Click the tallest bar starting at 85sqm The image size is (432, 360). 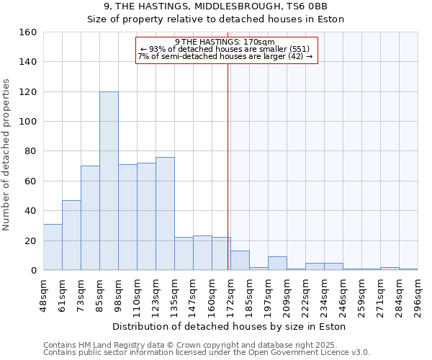click(109, 181)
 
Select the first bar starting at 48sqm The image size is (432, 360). click(53, 247)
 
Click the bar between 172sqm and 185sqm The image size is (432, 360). click(240, 261)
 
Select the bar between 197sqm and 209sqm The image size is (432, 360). click(277, 264)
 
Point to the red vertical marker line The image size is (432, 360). click(228, 166)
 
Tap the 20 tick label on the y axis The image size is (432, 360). click(30, 240)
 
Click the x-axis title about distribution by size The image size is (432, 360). click(230, 326)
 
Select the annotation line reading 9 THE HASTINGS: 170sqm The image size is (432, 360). click(225, 42)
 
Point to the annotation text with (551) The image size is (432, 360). click(225, 49)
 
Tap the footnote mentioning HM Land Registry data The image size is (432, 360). click(205, 345)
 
